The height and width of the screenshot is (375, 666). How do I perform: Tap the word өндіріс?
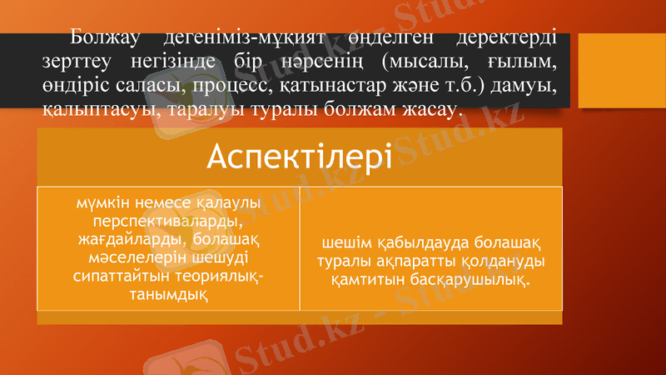76,85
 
